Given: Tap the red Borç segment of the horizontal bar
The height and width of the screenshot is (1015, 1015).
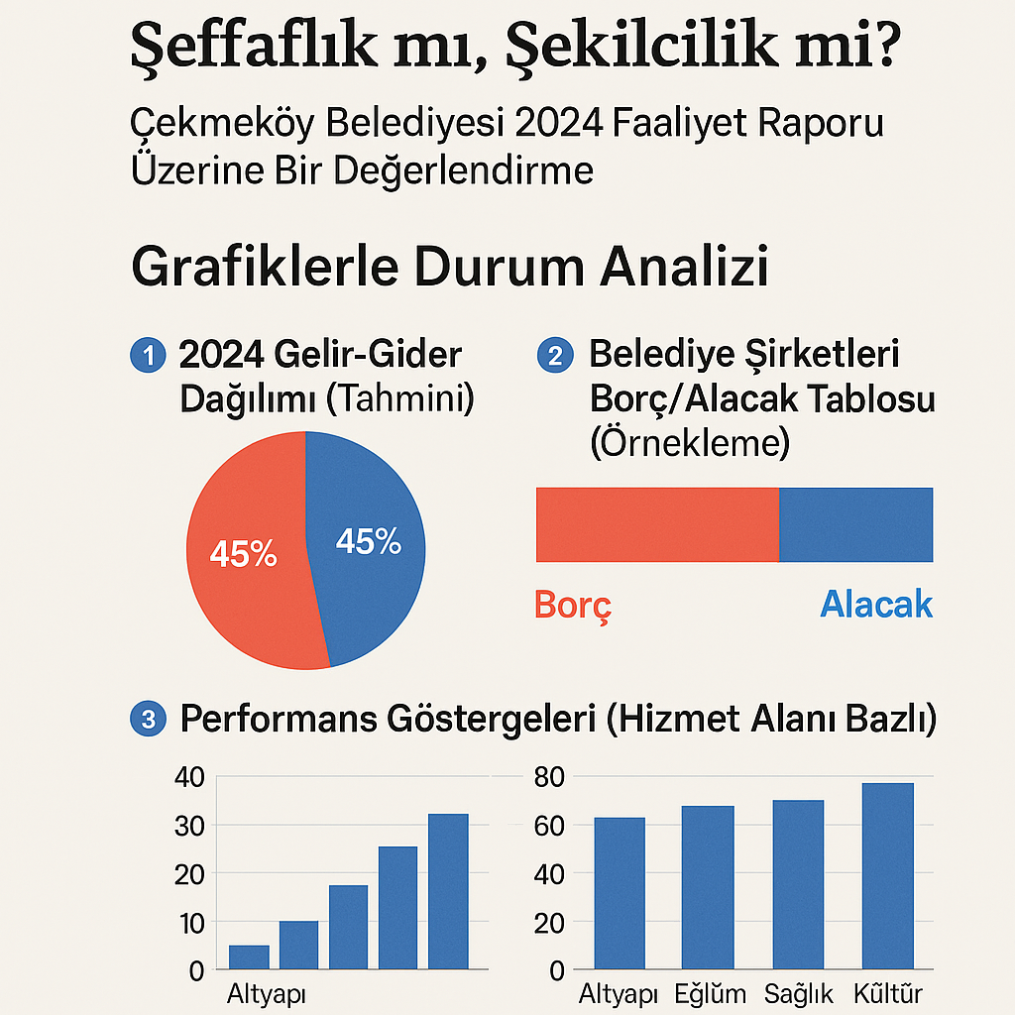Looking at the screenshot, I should point(657,524).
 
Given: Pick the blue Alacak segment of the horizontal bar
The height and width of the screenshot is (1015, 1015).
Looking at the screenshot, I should point(855,524).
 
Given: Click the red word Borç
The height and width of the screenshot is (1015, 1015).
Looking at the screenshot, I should point(573,605).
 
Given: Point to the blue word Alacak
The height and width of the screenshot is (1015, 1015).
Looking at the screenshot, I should point(876,604).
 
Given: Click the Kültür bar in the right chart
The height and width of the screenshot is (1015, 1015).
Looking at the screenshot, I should point(888,875).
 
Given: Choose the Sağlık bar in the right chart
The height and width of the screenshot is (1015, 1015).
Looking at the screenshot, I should point(798,884).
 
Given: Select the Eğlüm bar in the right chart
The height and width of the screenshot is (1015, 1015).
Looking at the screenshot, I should point(708,887).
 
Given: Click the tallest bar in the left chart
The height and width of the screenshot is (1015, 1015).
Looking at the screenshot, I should point(448,891).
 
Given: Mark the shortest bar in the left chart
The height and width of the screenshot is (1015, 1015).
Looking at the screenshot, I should point(249,958).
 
